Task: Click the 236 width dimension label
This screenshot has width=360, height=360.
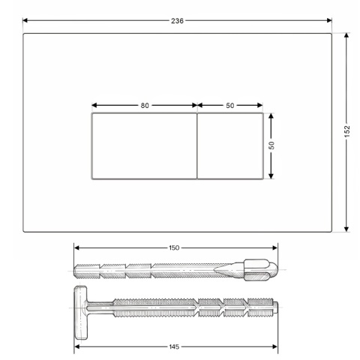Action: (x=177, y=21)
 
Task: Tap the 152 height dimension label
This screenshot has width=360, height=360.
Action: (x=347, y=131)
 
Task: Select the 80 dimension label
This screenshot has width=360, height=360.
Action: (x=145, y=106)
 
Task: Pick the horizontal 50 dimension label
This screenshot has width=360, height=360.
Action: (x=229, y=106)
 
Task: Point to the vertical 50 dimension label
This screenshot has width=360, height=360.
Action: (x=271, y=145)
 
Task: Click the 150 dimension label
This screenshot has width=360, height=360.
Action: (x=174, y=247)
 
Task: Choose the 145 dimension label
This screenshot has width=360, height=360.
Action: (x=174, y=346)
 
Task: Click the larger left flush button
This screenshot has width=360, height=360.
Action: (x=144, y=146)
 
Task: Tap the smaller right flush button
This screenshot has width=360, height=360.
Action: (x=230, y=146)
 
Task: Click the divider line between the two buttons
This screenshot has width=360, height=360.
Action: (x=197, y=146)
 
